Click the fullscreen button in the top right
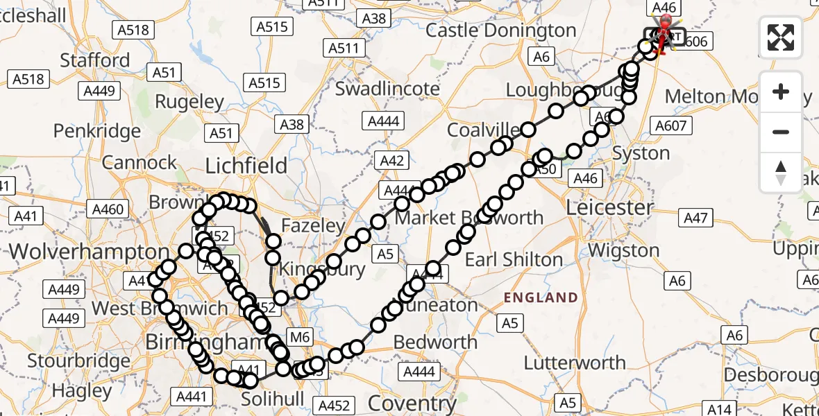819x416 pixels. coord(781,37)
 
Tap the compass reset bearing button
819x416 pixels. coord(781,172)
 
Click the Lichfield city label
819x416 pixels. coord(246,166)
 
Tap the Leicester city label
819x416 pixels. coord(609,207)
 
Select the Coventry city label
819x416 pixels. coord(412,403)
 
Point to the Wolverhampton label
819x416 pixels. coord(90,251)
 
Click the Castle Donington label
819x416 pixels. coord(500,31)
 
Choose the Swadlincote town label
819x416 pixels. coord(387,89)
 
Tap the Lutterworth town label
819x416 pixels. coord(575,362)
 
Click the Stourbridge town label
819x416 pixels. coord(78,361)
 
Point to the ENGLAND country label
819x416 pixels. coord(541,298)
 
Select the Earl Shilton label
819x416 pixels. coord(514,260)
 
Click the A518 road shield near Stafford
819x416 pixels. coord(133,29)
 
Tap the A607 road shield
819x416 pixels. coord(670,125)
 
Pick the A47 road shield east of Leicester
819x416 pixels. coord(695,219)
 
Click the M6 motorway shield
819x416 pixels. coord(299,337)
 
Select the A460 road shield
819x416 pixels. coord(108,209)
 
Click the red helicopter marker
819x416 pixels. coord(664,35)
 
